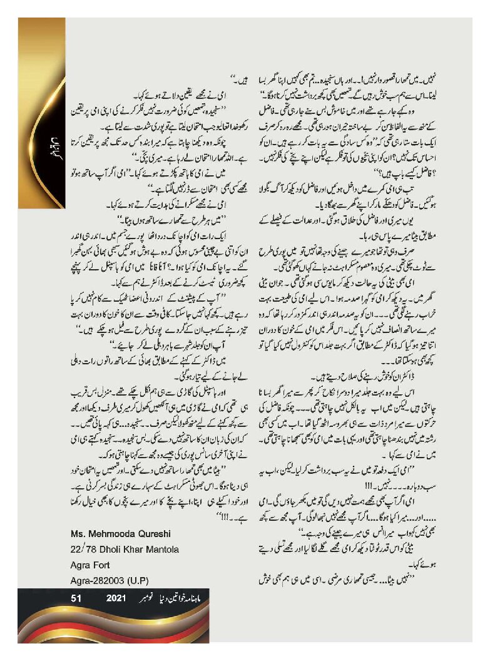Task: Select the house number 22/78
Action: pyautogui.click(x=83, y=549)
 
